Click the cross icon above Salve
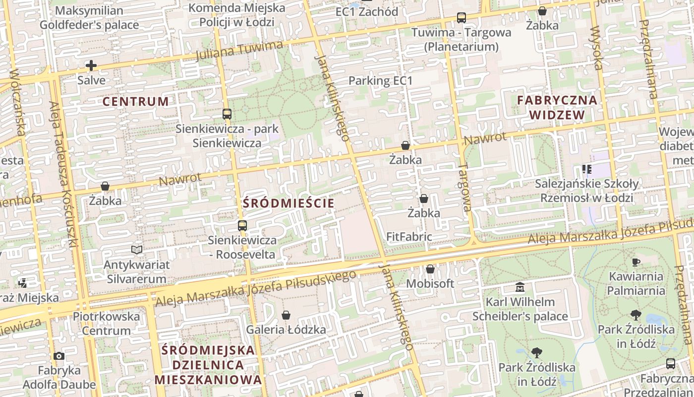[x=91, y=66]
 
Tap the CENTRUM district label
[x=135, y=102]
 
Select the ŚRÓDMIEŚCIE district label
[x=288, y=203]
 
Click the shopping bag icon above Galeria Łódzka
[x=286, y=315]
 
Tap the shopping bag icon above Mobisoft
[x=430, y=269]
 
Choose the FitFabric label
[x=409, y=237]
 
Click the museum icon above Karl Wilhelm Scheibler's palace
[x=520, y=287]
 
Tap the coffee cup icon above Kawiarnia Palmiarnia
[x=636, y=262]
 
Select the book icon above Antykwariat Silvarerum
[x=137, y=250]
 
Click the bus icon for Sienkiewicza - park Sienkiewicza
[x=227, y=114]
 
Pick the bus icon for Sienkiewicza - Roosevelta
[x=242, y=226]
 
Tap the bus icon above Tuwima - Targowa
[x=462, y=18]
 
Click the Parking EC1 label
[x=380, y=80]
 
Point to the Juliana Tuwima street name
[x=239, y=51]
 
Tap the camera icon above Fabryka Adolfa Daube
[x=59, y=356]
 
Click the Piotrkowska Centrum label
[x=106, y=323]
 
